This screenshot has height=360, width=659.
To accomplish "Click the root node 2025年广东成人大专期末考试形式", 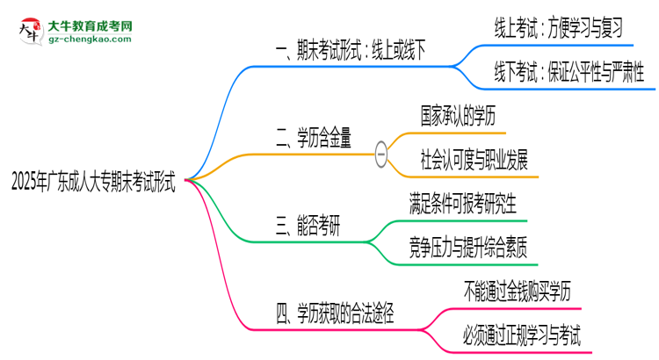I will pos(92,183).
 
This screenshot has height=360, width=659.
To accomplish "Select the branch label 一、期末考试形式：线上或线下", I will pos(351,53).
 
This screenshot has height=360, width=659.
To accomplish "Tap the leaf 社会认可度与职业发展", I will pos(474,160).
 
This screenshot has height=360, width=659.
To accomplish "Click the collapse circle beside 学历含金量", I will pos(381,153).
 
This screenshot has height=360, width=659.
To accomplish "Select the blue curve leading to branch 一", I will pos(220,105).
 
